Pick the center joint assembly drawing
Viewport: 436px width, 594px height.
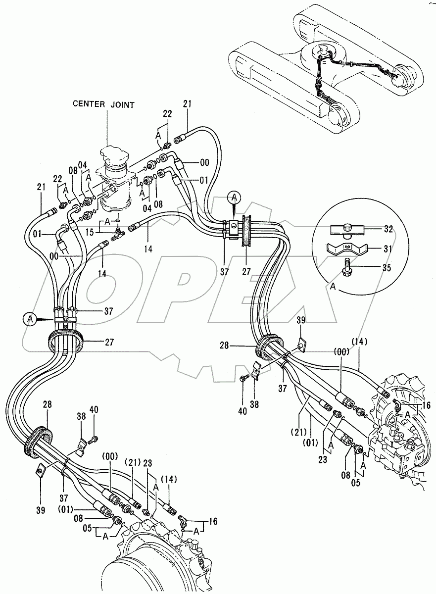pos(115,178)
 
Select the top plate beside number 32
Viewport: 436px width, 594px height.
pos(347,229)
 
